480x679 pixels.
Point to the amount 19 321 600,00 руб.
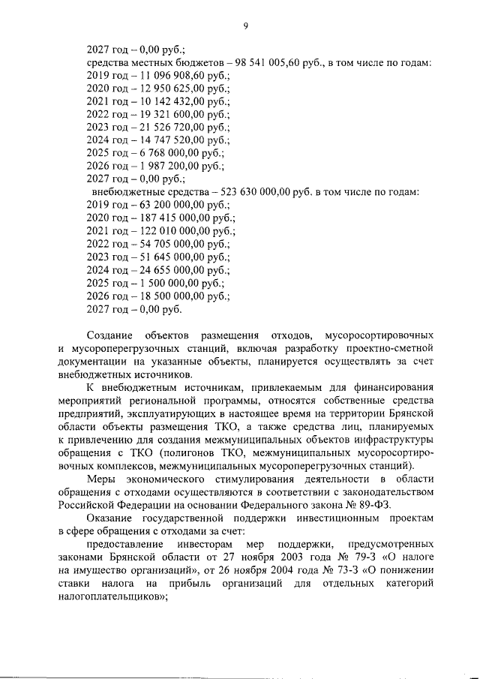pos(176,115)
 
